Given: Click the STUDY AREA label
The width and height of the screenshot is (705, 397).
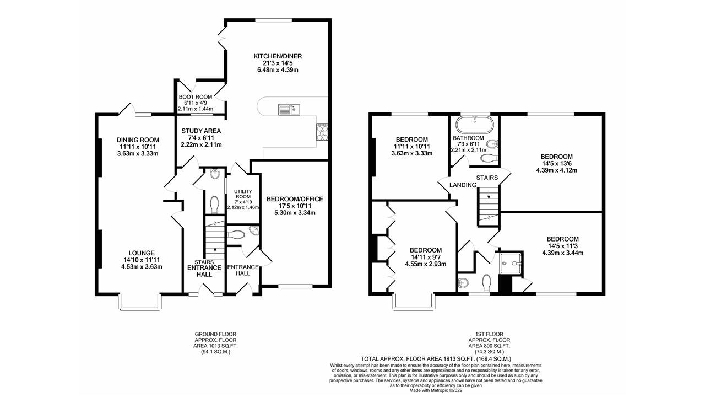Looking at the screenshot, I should coord(201,131).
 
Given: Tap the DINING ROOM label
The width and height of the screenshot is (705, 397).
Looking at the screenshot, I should coord(137,140).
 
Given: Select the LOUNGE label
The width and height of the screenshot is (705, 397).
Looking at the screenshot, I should coord(138,253).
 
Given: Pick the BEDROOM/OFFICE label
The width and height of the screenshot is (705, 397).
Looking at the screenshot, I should coord(294,199).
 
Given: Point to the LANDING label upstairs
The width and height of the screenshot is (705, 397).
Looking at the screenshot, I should coord(463,185).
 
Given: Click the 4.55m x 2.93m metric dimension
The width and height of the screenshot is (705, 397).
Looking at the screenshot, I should coord(426,264).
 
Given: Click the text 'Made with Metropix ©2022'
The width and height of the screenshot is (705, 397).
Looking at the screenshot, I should coord(436,390).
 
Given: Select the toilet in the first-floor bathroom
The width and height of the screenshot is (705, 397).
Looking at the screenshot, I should coord(488,159).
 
